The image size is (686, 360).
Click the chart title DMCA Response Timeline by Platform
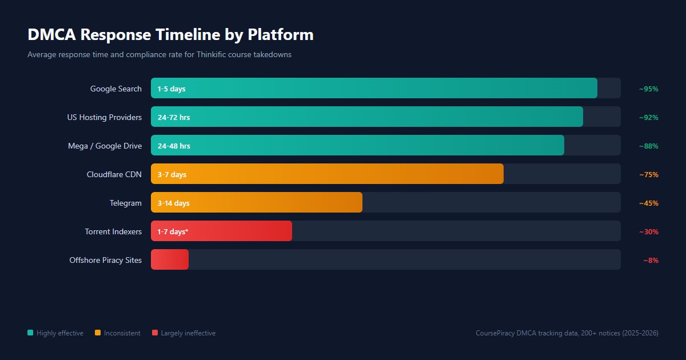pyautogui.click(x=170, y=35)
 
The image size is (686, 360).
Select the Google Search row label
pyautogui.click(x=116, y=89)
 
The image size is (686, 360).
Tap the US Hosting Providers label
pyautogui.click(x=104, y=117)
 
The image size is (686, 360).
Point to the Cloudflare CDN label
pyautogui.click(x=114, y=174)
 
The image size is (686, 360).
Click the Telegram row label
pyautogui.click(x=126, y=203)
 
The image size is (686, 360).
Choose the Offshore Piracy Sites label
pyautogui.click(x=106, y=260)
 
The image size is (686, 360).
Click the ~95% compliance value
pyautogui.click(x=649, y=89)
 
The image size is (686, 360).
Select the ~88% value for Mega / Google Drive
pyautogui.click(x=649, y=146)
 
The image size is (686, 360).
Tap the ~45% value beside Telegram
pyautogui.click(x=649, y=203)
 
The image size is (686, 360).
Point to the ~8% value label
pyautogui.click(x=651, y=260)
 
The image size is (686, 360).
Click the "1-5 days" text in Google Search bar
pyautogui.click(x=171, y=89)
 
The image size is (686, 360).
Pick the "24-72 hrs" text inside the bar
pyautogui.click(x=174, y=117)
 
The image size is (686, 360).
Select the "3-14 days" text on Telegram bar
pyautogui.click(x=174, y=203)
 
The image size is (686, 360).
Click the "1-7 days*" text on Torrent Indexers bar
pyautogui.click(x=173, y=231)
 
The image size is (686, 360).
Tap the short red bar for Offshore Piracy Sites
pyautogui.click(x=170, y=259)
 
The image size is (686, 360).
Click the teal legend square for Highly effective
pyautogui.click(x=30, y=333)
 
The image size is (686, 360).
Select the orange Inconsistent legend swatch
pyautogui.click(x=98, y=333)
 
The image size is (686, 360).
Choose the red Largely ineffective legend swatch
pyautogui.click(x=155, y=333)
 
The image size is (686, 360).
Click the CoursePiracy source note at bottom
pyautogui.click(x=567, y=333)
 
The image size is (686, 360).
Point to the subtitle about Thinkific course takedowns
pyautogui.click(x=159, y=55)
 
